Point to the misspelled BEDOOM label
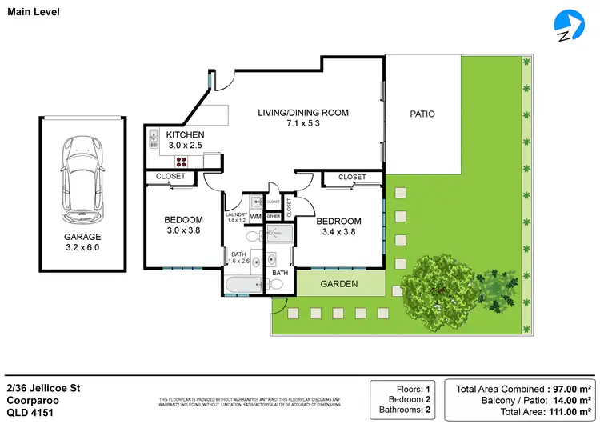pyautogui.click(x=183, y=220)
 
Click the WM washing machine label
pyautogui.click(x=256, y=217)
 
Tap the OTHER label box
pyautogui.click(x=274, y=217)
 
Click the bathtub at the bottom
pyautogui.click(x=243, y=286)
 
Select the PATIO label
pyautogui.click(x=422, y=114)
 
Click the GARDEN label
pyautogui.click(x=339, y=283)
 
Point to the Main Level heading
pyautogui.click(x=32, y=10)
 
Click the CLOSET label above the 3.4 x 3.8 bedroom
pyautogui.click(x=352, y=177)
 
